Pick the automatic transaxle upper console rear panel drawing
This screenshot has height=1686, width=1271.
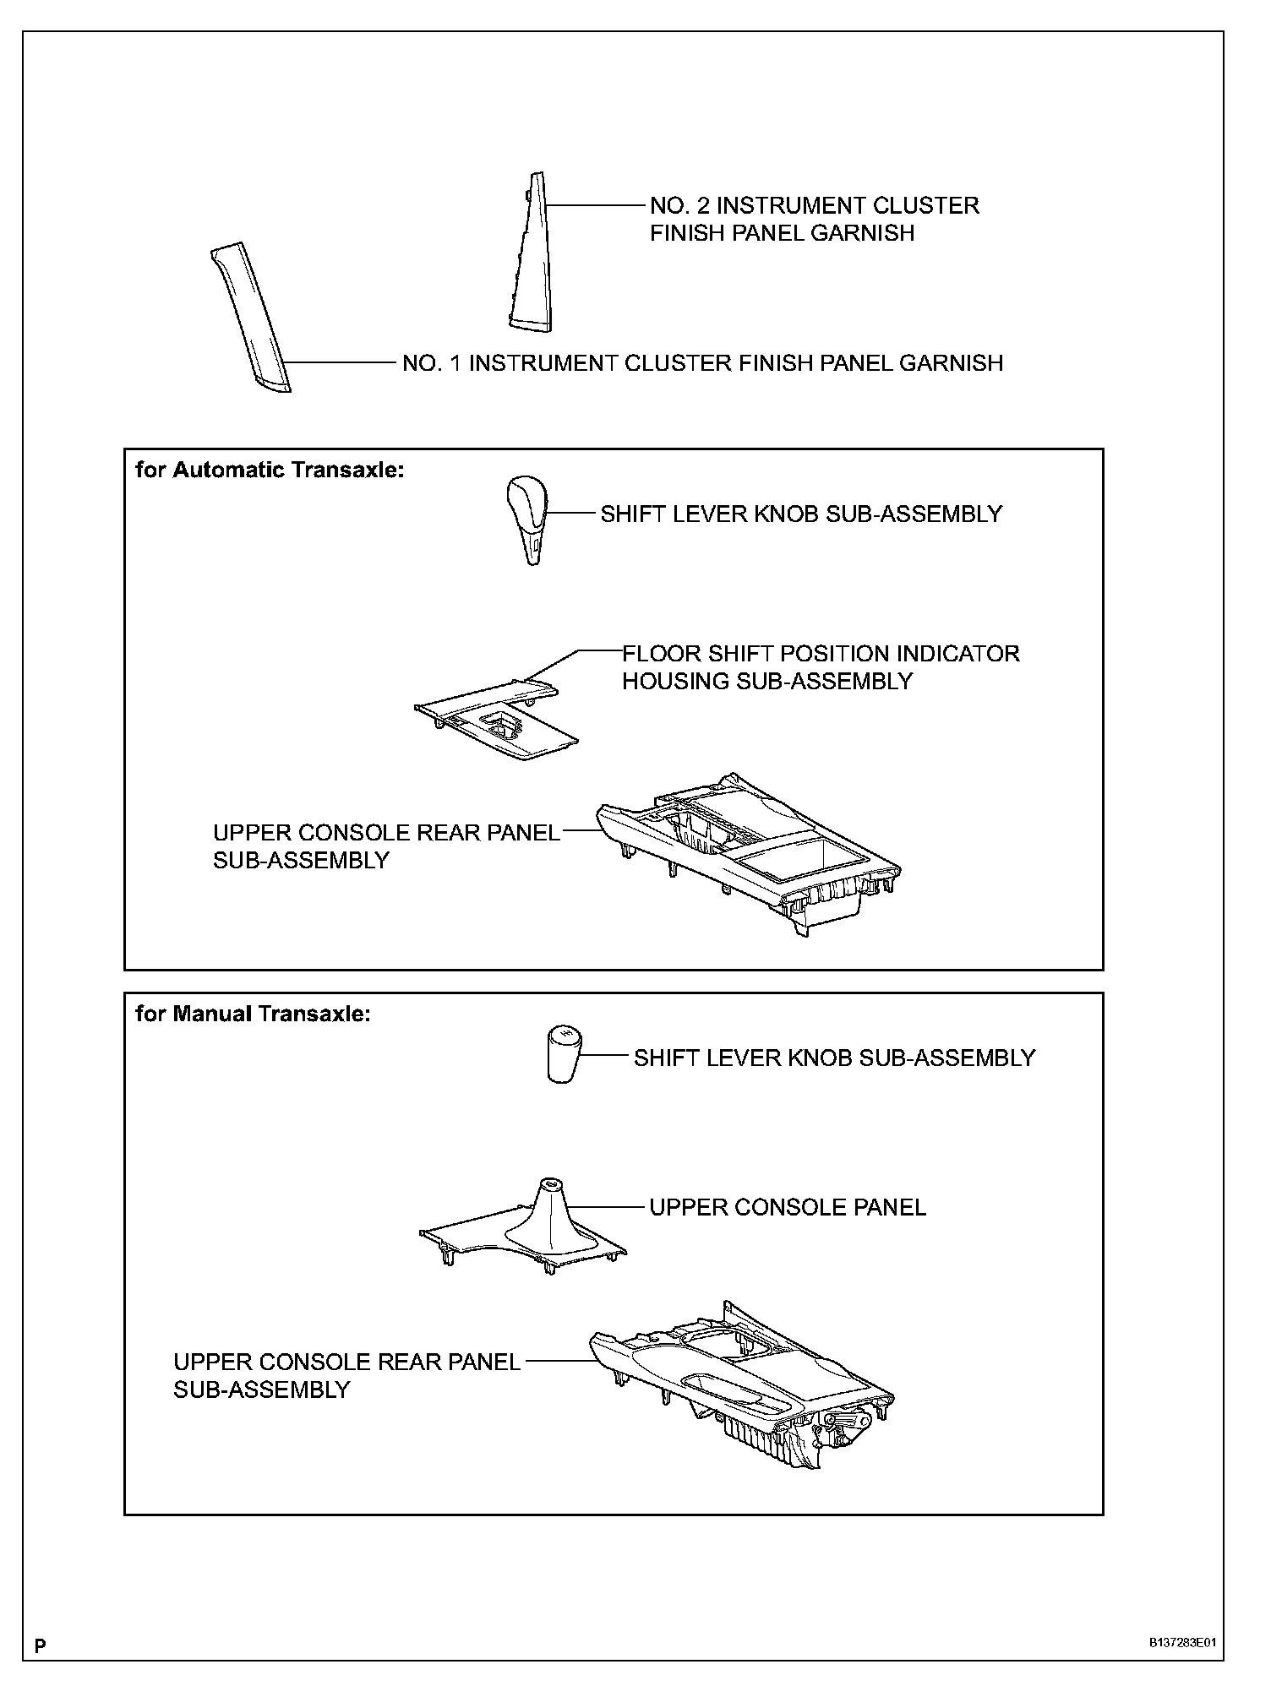(748, 853)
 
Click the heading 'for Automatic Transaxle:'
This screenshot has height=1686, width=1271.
(270, 470)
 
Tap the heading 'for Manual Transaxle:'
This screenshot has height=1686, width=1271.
(253, 1014)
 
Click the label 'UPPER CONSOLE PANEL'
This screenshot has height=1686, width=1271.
(787, 1208)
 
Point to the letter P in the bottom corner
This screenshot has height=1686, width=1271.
(40, 1645)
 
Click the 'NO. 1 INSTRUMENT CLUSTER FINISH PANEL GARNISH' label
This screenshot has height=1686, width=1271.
(702, 363)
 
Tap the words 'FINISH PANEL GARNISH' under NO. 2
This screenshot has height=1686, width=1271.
(782, 233)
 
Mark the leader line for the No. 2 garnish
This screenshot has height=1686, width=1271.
(596, 205)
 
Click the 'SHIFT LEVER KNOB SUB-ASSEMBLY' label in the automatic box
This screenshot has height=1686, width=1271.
(800, 514)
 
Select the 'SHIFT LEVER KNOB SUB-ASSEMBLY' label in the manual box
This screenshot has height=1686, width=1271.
(834, 1058)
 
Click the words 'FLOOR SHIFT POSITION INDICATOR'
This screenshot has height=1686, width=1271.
(821, 654)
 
